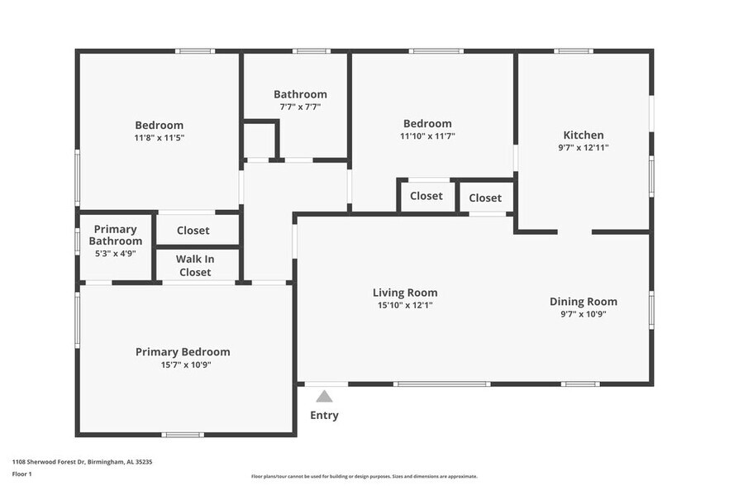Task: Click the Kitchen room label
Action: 584,135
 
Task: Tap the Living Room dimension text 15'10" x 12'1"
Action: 405,305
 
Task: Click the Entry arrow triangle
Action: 324,396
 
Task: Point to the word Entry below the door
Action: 324,415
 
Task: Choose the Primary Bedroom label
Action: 183,352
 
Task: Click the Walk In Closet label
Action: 195,265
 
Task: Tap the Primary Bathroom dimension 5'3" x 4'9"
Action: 116,254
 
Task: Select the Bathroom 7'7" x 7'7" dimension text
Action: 300,107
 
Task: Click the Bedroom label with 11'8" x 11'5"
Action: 160,126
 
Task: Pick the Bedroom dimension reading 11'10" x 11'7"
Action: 427,136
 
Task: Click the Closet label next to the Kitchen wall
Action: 485,198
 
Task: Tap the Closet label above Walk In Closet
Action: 193,231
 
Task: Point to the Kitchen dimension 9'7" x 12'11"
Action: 584,147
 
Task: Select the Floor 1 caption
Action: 21,474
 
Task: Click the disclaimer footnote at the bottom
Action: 364,476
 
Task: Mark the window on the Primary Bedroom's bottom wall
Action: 183,434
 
